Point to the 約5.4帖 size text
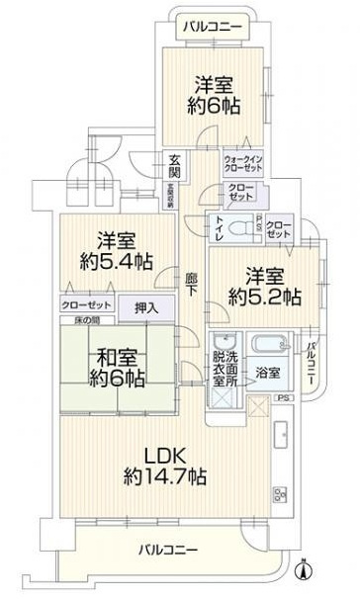coord(116,263)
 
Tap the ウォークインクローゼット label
coord(242,162)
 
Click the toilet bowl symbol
coord(237,226)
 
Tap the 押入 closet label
coord(146,308)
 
